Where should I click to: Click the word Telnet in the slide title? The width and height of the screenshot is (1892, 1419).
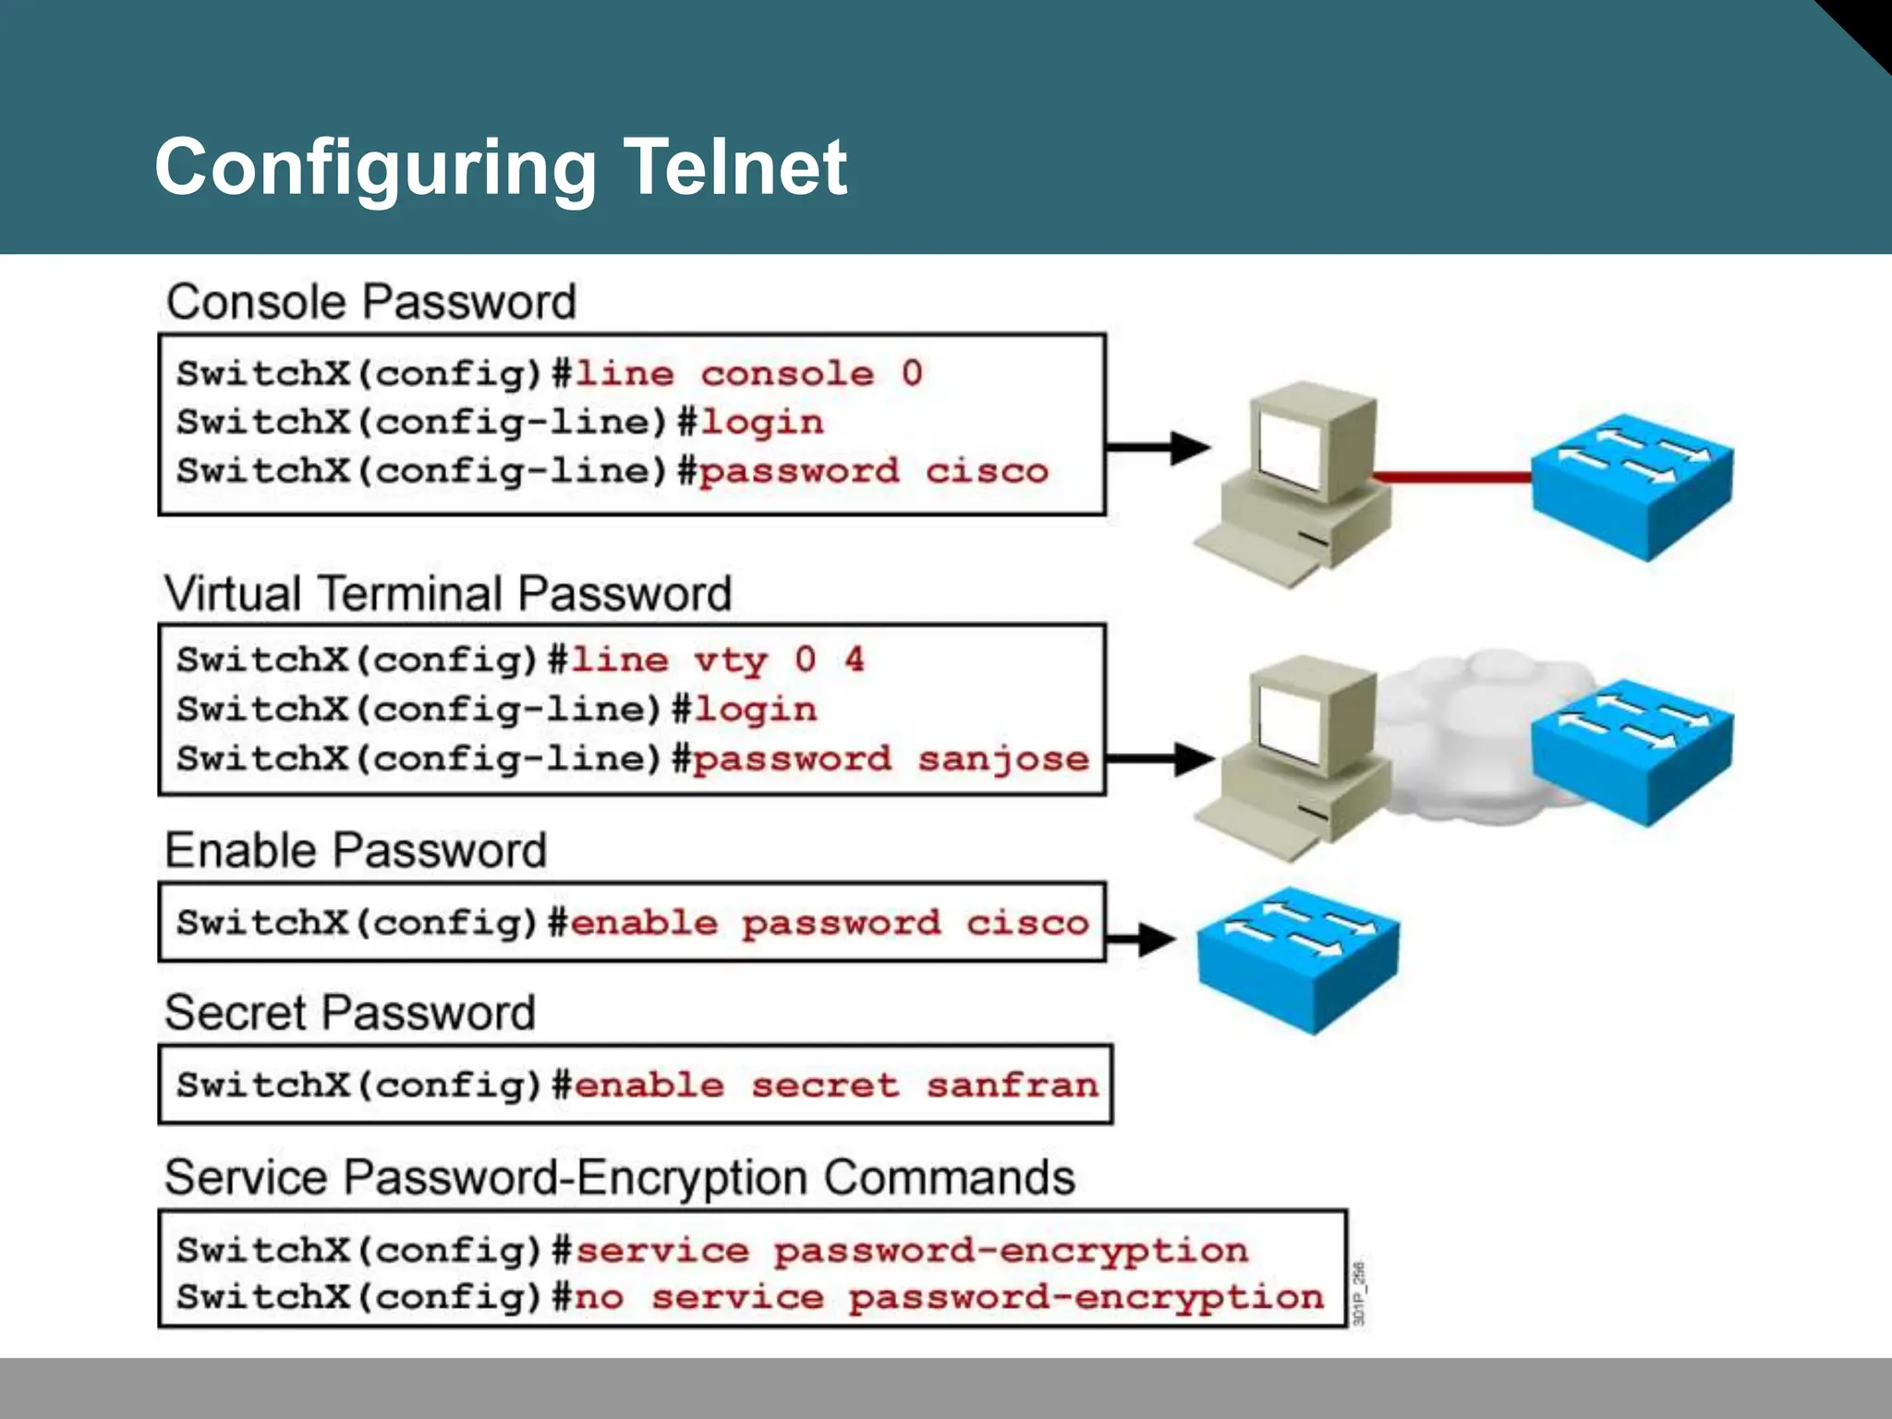(734, 167)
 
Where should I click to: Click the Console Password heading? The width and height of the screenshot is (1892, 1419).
(370, 302)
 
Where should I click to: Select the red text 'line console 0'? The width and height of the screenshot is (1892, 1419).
(748, 374)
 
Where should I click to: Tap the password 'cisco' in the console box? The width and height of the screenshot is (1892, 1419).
(987, 471)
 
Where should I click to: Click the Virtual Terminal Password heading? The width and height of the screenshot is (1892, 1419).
(448, 593)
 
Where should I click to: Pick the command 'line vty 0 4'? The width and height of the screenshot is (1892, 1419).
(718, 661)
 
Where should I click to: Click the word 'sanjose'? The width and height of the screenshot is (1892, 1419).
(1003, 759)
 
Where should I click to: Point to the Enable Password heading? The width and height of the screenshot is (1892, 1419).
(356, 850)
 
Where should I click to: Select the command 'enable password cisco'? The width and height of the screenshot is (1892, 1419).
(829, 923)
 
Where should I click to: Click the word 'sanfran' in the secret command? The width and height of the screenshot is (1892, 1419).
(1012, 1085)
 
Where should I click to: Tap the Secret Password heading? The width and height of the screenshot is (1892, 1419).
(350, 1013)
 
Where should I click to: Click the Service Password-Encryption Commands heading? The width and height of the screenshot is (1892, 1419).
(619, 1178)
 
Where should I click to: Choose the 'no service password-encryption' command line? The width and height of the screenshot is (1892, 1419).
(949, 1298)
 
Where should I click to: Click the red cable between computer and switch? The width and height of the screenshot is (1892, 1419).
(1450, 478)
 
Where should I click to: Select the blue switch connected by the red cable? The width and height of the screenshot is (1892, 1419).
(1632, 485)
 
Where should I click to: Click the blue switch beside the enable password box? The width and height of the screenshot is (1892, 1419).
(1298, 959)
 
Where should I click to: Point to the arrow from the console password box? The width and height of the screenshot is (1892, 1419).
(1159, 447)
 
